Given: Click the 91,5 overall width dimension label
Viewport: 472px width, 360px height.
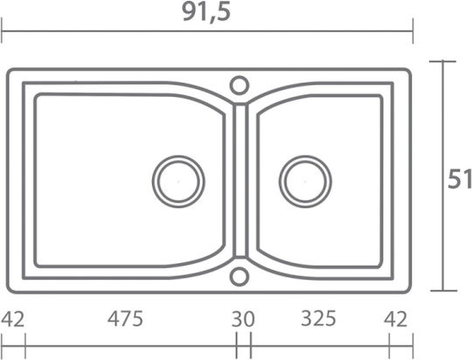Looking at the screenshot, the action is tap(206, 13).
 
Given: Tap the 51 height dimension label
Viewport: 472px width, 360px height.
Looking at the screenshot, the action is tap(460, 179).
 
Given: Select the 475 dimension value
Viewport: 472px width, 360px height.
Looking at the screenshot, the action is tap(125, 319).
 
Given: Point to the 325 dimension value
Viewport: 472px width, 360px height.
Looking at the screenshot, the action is tap(318, 318).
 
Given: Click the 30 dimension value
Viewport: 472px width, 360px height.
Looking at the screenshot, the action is tap(243, 319).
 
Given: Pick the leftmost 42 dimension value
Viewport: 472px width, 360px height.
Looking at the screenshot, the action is tap(12, 319).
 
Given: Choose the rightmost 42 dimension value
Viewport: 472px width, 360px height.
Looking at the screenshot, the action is tap(395, 319).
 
